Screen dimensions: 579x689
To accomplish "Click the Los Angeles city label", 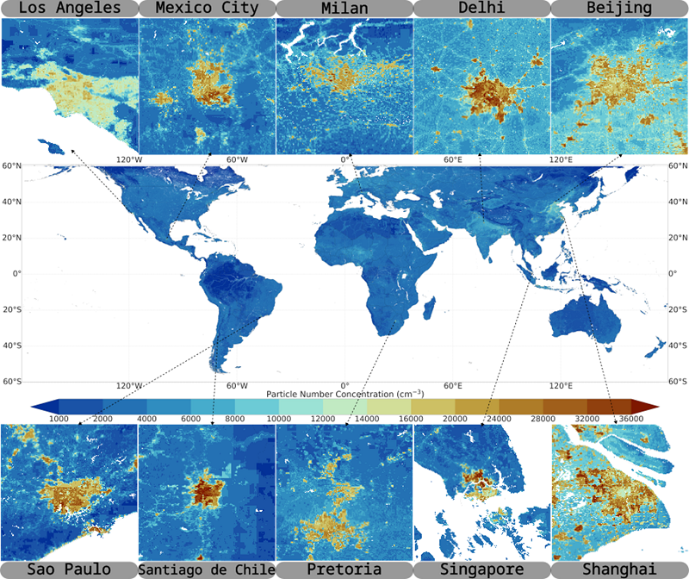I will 69,9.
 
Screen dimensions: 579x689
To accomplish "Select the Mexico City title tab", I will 207,9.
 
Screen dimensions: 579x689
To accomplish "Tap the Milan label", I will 344,9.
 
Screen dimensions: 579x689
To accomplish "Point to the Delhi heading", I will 481,9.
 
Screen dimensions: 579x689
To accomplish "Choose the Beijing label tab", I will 619,9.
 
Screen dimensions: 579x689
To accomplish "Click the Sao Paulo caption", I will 69,570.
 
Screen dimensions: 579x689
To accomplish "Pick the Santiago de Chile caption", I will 207,570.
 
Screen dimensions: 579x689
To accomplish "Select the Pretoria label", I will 344,570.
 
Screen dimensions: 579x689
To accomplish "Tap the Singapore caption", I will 481,570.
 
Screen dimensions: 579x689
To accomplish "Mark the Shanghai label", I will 619,570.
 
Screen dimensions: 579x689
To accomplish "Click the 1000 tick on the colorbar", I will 59,419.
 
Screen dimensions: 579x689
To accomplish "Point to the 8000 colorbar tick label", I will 234,419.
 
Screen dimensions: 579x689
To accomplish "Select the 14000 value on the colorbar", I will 366,419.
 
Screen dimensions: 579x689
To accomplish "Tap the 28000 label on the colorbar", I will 543,419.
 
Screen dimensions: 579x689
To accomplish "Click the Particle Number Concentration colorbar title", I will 344,394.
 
